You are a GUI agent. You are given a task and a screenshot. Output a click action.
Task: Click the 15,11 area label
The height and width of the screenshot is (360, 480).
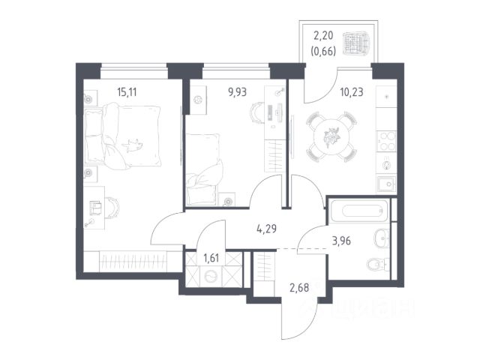[127, 91]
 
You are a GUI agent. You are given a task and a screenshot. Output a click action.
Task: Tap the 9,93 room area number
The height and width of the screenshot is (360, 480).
[237, 91]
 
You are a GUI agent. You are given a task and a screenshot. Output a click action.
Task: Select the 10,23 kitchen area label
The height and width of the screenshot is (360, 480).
[352, 91]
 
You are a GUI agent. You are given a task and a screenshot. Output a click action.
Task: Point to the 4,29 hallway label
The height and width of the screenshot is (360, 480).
[266, 229]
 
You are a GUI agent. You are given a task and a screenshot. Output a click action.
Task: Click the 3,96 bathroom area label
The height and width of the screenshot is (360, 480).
[341, 241]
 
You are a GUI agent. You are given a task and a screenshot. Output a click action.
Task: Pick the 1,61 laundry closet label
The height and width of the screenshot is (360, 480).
[211, 258]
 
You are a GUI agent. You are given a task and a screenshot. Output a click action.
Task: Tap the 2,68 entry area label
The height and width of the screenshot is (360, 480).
[299, 288]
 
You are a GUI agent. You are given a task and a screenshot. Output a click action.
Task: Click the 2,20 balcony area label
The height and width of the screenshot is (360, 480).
[323, 35]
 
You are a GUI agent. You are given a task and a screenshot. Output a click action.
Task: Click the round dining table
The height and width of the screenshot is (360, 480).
[331, 136]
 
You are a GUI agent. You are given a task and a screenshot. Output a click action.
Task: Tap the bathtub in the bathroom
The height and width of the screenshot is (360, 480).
[361, 211]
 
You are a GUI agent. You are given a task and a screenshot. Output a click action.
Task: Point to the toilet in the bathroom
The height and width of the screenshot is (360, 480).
[378, 265]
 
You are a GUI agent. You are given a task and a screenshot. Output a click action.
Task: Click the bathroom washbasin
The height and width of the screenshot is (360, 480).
[382, 238]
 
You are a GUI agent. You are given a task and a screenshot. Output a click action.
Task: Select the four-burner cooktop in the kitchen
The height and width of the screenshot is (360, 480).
[386, 141]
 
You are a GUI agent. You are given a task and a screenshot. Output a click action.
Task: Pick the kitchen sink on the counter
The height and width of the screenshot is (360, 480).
[387, 184]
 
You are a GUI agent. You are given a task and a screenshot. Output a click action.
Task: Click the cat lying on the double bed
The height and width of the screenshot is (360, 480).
[133, 145]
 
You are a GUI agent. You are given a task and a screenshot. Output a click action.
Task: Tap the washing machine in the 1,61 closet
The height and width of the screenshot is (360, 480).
[211, 277]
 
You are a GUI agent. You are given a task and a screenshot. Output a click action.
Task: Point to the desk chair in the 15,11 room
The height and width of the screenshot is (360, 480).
[112, 208]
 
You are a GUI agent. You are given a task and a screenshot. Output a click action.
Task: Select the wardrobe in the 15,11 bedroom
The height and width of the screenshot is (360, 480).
[133, 262]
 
